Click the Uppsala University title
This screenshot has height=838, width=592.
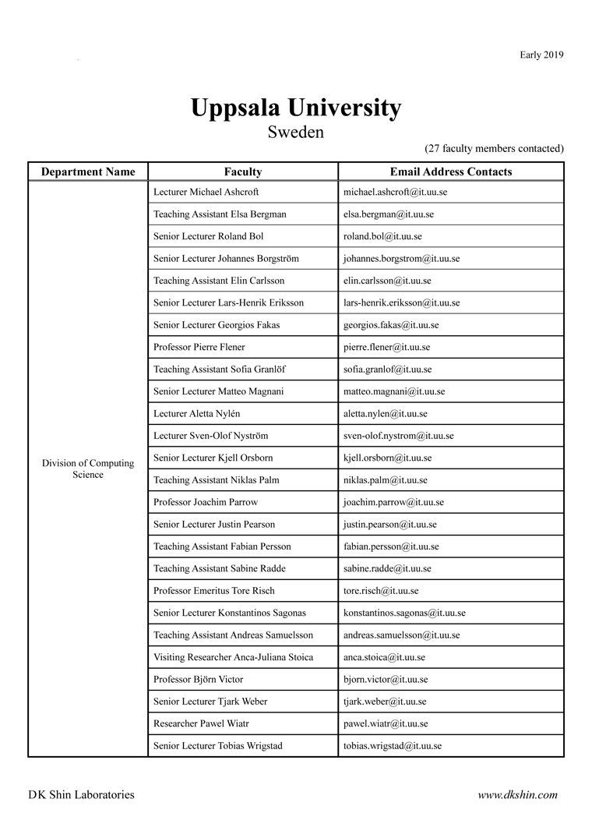pos(296,108)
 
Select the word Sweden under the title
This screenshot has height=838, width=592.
pos(296,132)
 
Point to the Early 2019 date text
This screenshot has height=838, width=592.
pos(541,55)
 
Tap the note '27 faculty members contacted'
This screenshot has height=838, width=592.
pos(494,148)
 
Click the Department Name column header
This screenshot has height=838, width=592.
pos(88,171)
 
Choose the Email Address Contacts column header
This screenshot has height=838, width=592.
pos(451,171)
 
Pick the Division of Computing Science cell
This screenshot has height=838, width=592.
pos(88,469)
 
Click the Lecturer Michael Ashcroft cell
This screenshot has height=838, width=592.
pos(206,192)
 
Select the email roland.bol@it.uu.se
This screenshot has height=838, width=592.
pos(383,236)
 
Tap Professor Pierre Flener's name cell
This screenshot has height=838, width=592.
pos(199,347)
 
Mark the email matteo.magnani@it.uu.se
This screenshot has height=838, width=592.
pos(394,391)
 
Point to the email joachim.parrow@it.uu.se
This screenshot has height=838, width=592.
pos(393,502)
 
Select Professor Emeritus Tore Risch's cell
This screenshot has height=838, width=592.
pos(214,591)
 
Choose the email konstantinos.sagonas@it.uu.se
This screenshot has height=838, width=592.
pos(404,613)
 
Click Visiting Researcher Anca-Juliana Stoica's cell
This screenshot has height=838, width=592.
pos(234,657)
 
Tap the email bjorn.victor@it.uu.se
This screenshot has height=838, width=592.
pos(386,680)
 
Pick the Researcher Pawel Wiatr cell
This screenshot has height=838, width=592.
pos(201,723)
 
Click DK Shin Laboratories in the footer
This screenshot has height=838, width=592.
pos(81,795)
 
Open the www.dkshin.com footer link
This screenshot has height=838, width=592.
pos(517,795)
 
